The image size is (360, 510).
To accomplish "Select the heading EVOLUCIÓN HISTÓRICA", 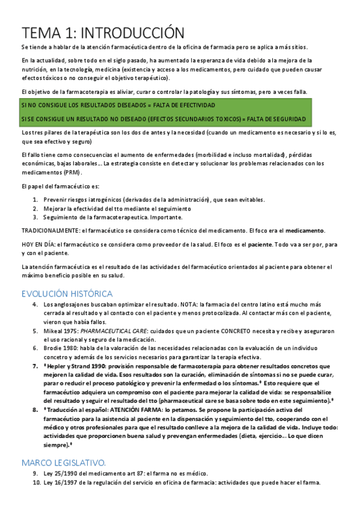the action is point(67,293).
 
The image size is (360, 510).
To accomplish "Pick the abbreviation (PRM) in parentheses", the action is point(76,171).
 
